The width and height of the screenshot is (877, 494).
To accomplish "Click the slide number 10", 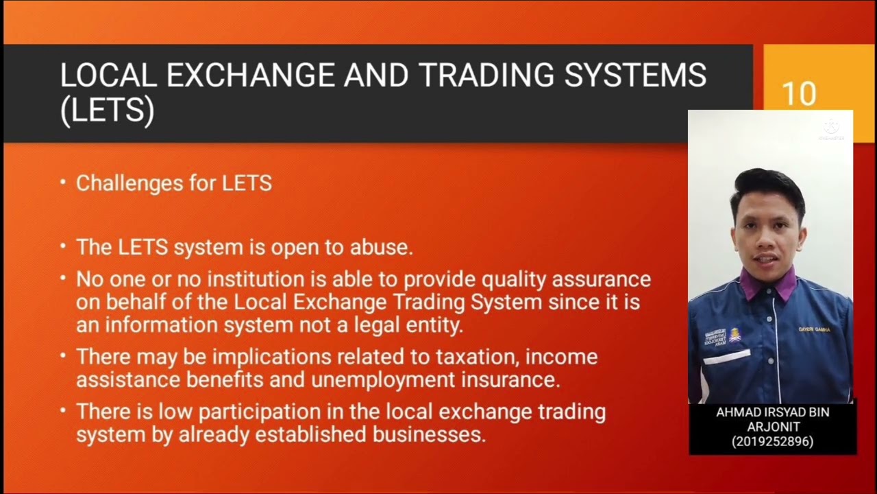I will (799, 94).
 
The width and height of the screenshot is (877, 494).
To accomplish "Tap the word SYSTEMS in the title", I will (635, 75).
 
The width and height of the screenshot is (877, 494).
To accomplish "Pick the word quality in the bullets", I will (519, 279).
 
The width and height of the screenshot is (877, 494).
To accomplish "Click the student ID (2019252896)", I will (772, 442).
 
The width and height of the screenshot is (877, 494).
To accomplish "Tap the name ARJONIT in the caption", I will (772, 427).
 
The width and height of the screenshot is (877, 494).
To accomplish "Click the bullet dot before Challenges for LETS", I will (63, 183).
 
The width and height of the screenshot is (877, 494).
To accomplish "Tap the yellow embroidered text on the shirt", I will (814, 329).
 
